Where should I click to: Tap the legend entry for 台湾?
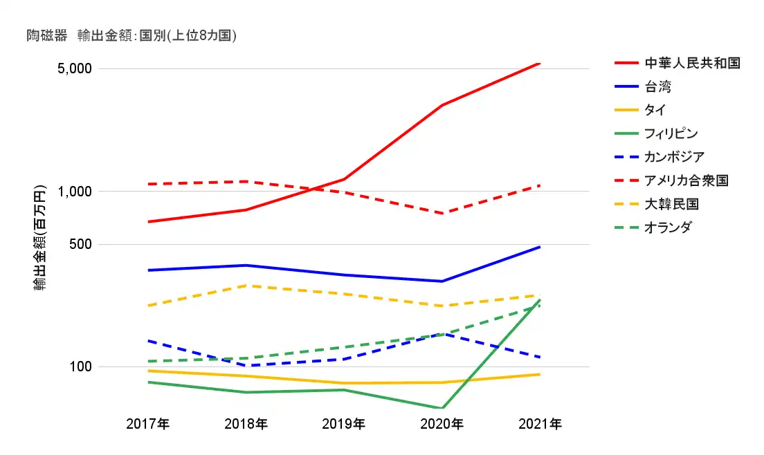coord(657,86)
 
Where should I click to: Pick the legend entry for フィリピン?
coord(671,133)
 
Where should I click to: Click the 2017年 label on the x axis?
coord(147,424)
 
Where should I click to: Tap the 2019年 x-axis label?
coord(343,424)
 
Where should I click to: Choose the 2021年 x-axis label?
coord(540,424)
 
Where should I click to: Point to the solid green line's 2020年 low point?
coord(442,408)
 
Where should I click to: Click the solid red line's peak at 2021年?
coord(540,63)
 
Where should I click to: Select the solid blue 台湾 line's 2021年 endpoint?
coord(540,247)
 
